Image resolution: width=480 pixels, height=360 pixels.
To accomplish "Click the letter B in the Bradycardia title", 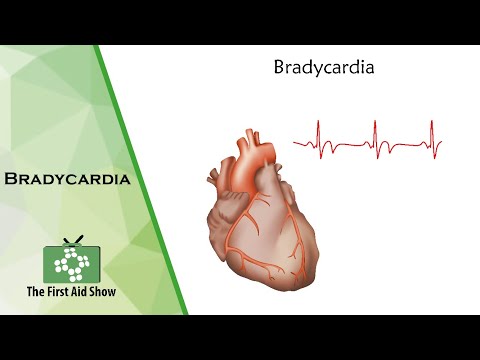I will [278, 69].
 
